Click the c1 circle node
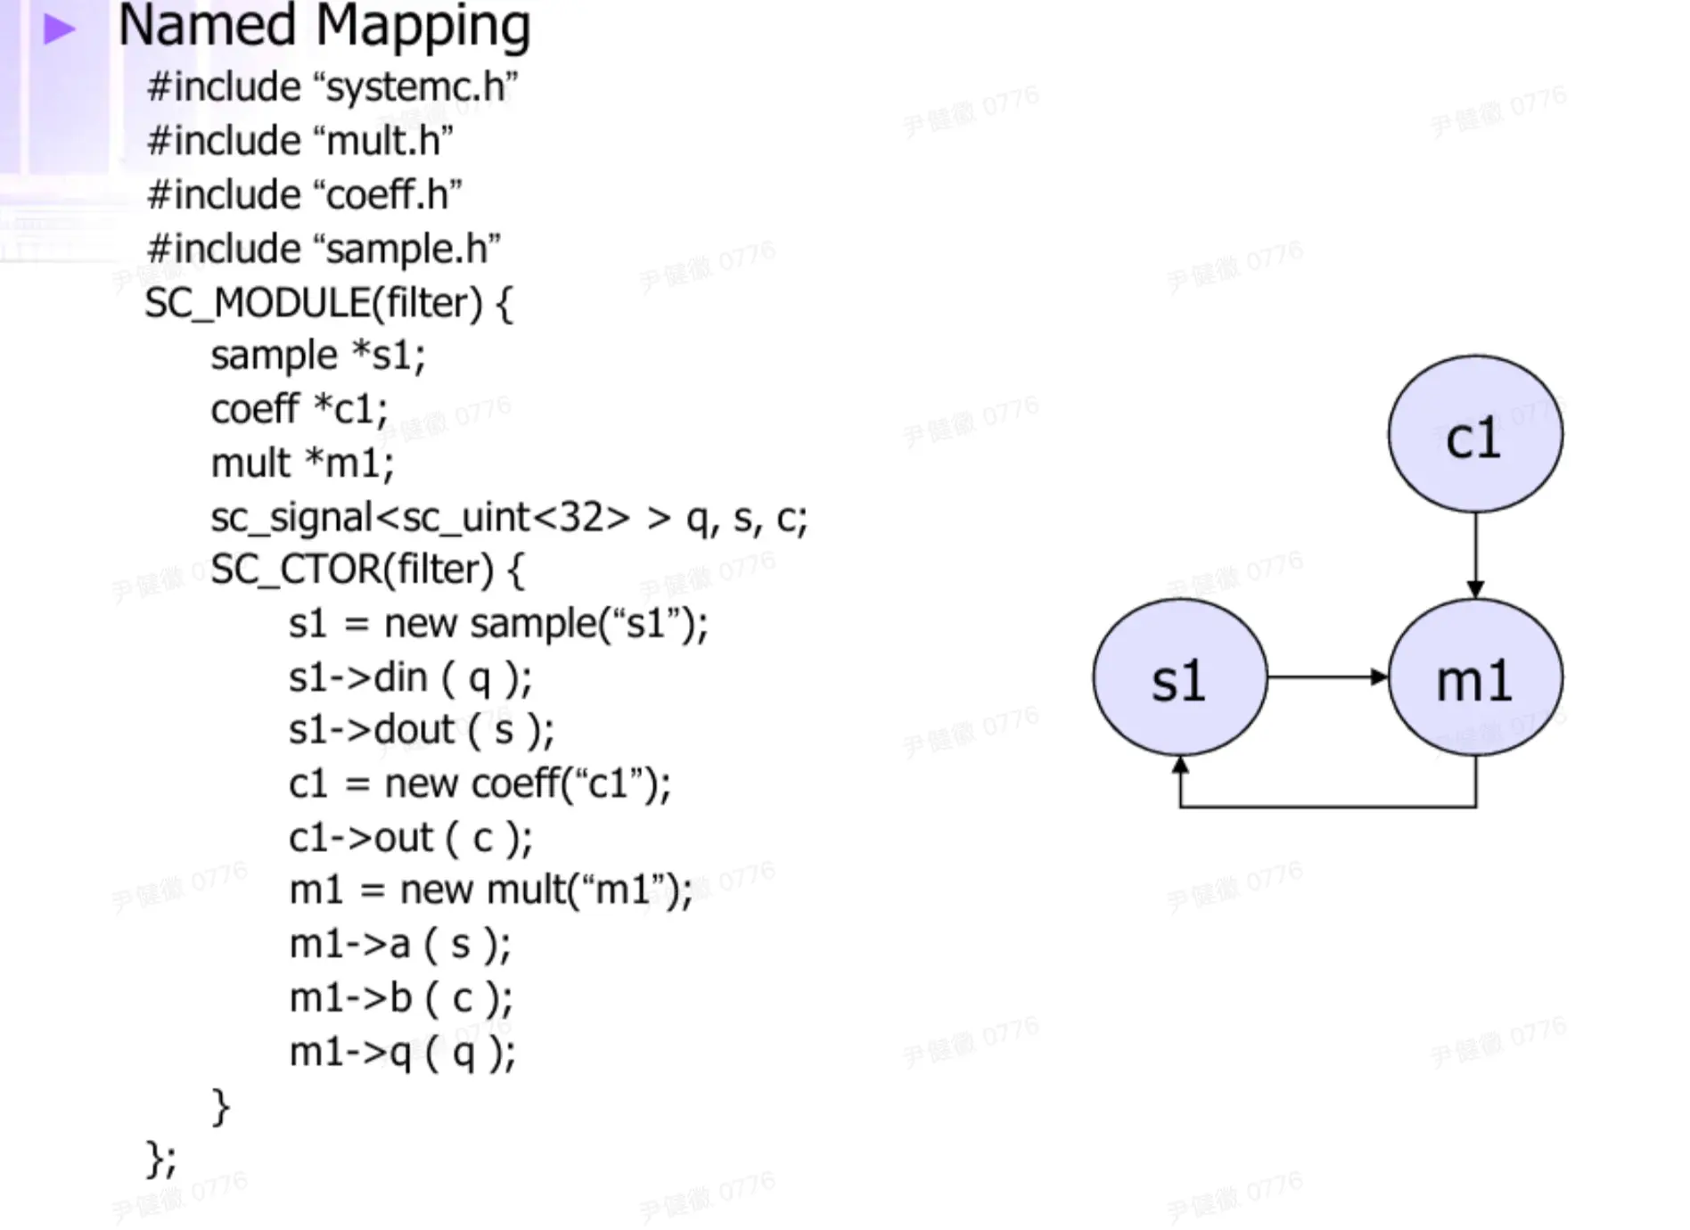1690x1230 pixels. click(1475, 434)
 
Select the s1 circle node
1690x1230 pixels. click(1180, 677)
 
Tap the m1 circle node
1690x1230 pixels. click(1475, 677)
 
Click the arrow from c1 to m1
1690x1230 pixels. click(1475, 555)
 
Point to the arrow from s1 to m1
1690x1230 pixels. click(1328, 677)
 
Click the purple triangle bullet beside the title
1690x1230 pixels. click(59, 29)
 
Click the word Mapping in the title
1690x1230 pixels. click(423, 27)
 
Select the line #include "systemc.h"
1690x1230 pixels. click(332, 87)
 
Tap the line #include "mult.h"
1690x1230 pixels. click(300, 141)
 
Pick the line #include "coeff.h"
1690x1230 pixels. click(305, 194)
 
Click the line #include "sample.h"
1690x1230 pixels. click(324, 249)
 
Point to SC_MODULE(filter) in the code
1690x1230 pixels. click(314, 303)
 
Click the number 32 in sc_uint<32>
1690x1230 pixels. click(581, 517)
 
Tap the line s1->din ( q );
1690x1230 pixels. click(410, 678)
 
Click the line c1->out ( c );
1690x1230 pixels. click(411, 838)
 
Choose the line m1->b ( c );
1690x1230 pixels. click(401, 998)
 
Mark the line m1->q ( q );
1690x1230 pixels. click(402, 1053)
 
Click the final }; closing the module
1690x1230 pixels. click(160, 1160)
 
